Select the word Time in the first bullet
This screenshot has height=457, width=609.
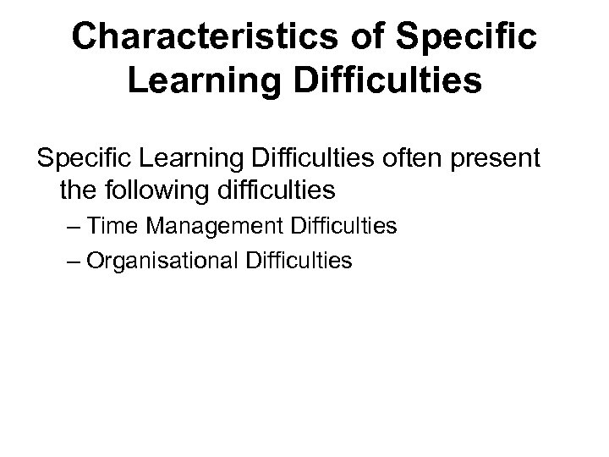tap(105, 227)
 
